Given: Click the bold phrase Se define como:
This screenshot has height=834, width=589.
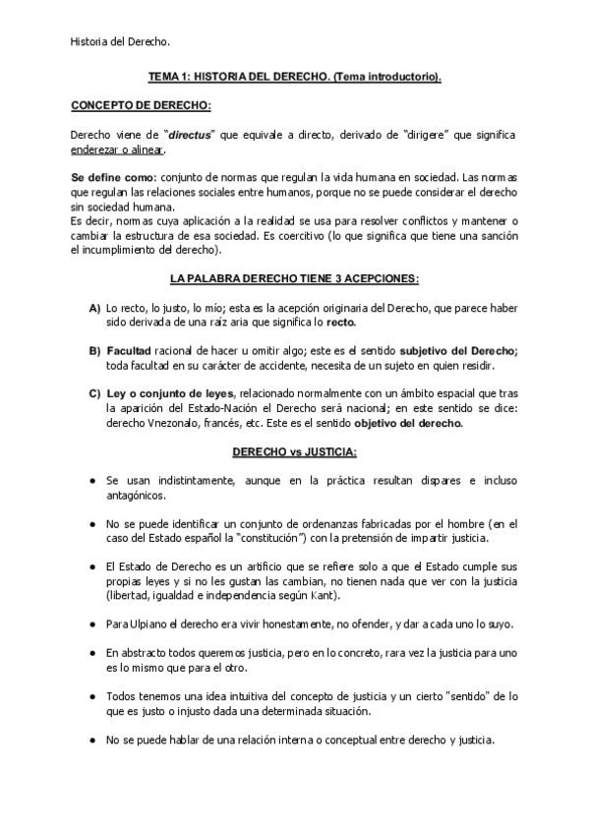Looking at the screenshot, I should click(107, 176).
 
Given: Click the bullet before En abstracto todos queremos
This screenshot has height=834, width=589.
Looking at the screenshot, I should click(91, 652).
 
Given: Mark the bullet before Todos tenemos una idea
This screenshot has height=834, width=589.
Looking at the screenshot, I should click(91, 695).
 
